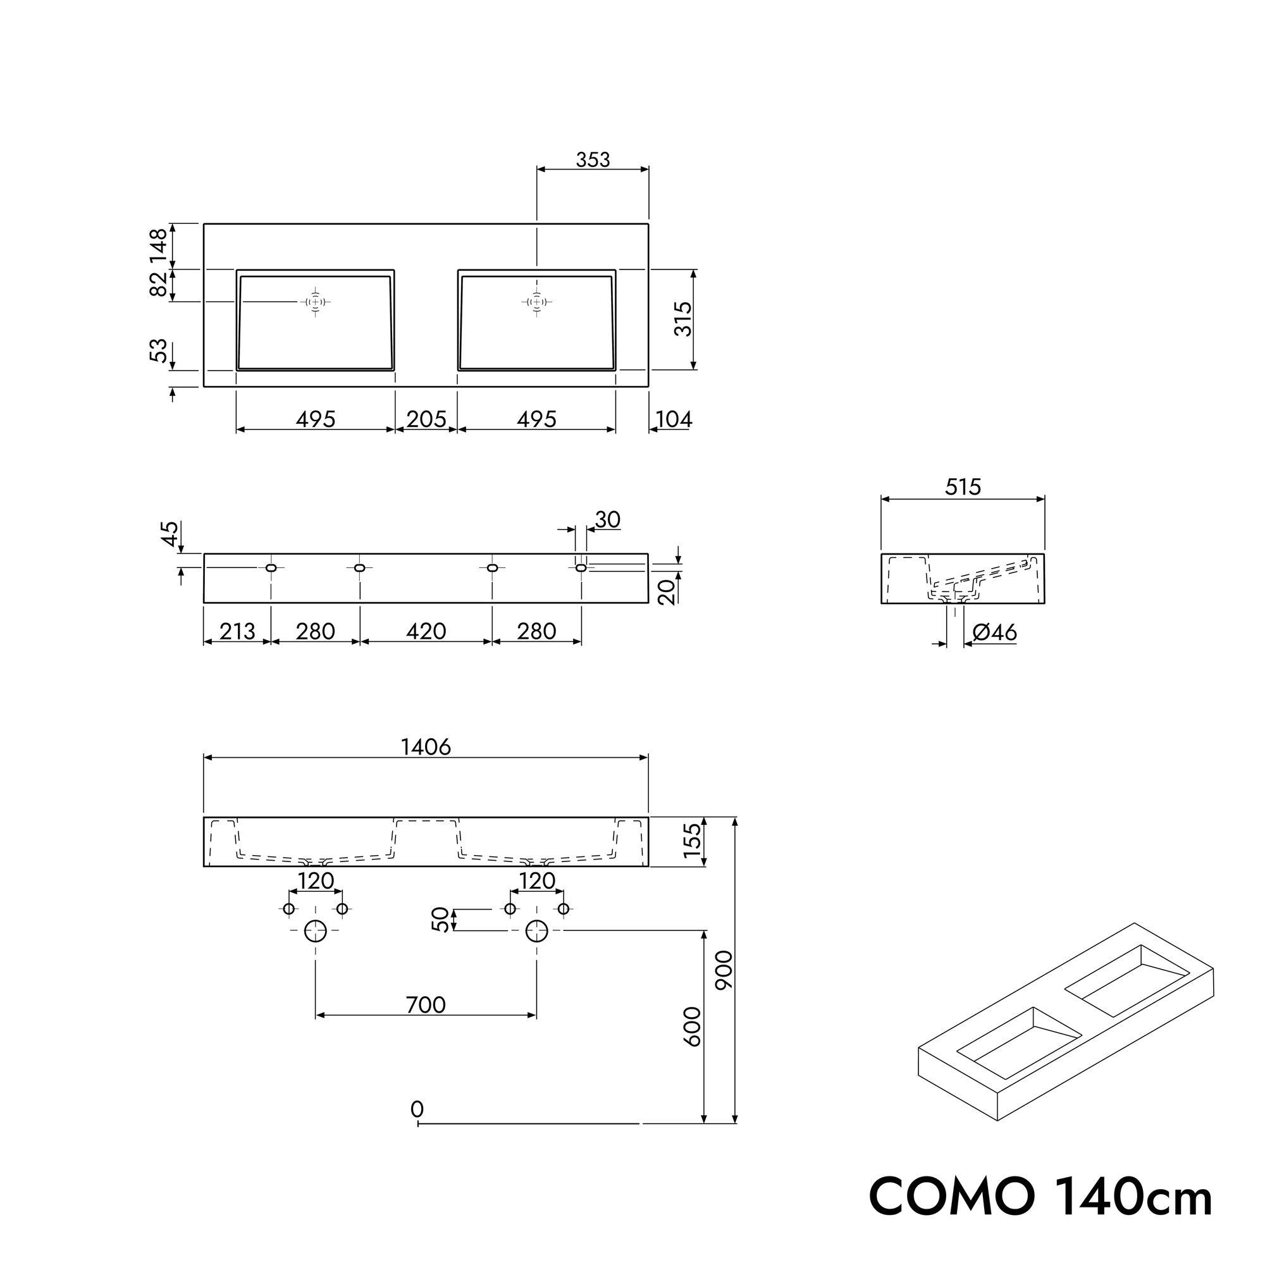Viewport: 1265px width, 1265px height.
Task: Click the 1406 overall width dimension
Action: tap(426, 747)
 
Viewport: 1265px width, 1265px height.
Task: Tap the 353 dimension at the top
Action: tap(593, 160)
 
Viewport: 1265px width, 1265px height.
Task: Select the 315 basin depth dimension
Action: tap(683, 319)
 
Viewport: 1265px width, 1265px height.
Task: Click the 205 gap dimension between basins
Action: tap(426, 419)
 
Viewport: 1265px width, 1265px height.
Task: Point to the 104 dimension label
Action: tap(674, 419)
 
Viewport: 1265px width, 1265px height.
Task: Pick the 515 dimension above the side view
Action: tap(963, 487)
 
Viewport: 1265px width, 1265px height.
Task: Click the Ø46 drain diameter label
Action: tap(994, 632)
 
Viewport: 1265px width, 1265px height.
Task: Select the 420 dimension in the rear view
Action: tap(426, 631)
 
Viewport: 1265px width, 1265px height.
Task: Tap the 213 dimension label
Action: tap(237, 631)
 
